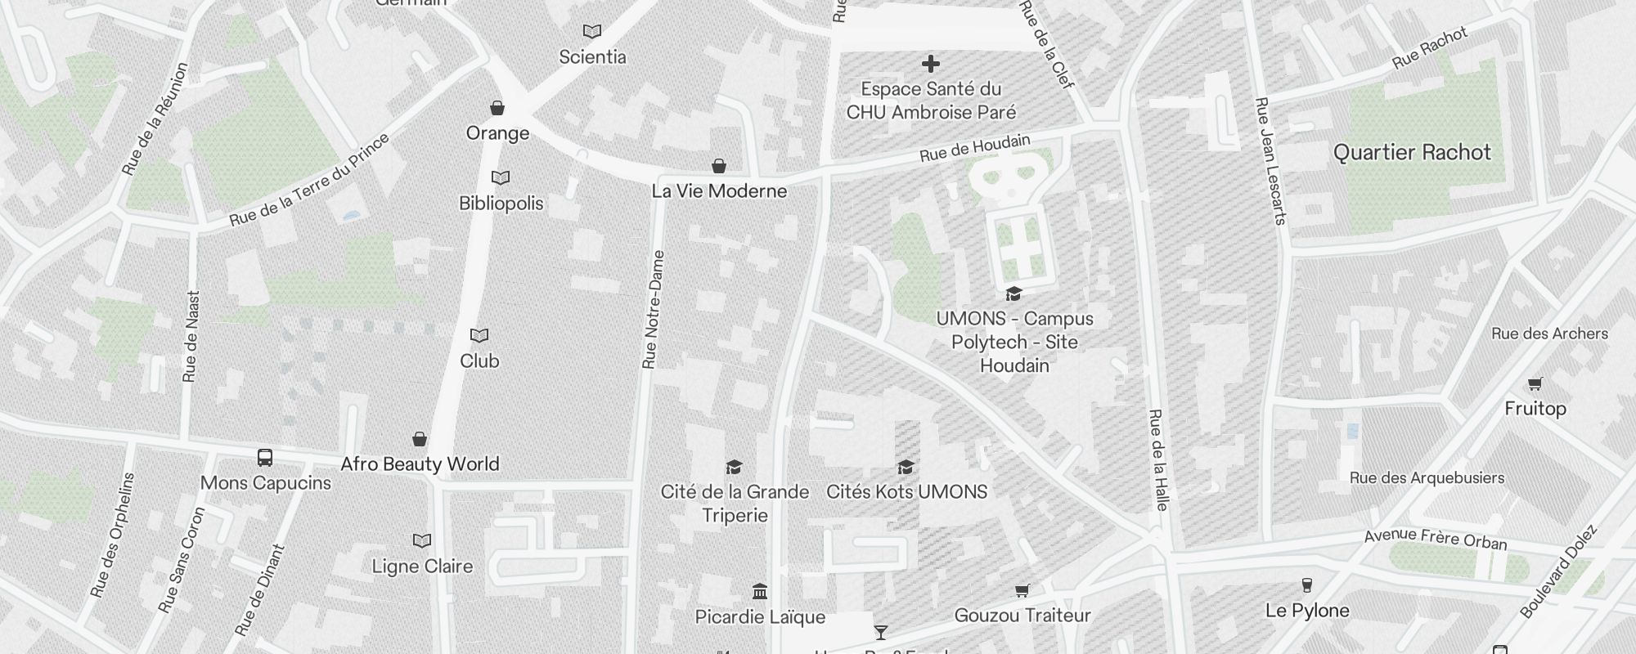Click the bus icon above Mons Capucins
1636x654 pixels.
(x=265, y=457)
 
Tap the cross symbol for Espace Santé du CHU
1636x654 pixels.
(x=930, y=63)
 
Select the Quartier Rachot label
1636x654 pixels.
(x=1412, y=153)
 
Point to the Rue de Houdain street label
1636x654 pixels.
(x=974, y=148)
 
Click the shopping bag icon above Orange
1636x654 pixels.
(x=497, y=108)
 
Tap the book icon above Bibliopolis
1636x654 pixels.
(x=501, y=177)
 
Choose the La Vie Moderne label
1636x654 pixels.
(x=719, y=191)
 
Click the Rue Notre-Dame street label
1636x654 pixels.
(x=654, y=309)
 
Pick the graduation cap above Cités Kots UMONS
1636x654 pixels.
(x=906, y=467)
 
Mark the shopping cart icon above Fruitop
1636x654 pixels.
(x=1535, y=383)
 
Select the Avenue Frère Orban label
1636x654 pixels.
(x=1435, y=539)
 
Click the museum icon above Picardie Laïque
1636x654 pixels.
(x=760, y=591)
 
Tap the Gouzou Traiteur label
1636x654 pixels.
(x=1022, y=616)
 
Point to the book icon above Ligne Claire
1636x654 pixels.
(x=422, y=540)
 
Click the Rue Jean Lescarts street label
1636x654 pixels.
(x=1270, y=161)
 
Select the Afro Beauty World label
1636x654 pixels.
(x=420, y=464)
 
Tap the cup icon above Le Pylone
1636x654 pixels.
(x=1306, y=585)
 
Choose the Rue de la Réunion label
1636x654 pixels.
(x=155, y=119)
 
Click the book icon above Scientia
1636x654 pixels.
(x=592, y=31)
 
